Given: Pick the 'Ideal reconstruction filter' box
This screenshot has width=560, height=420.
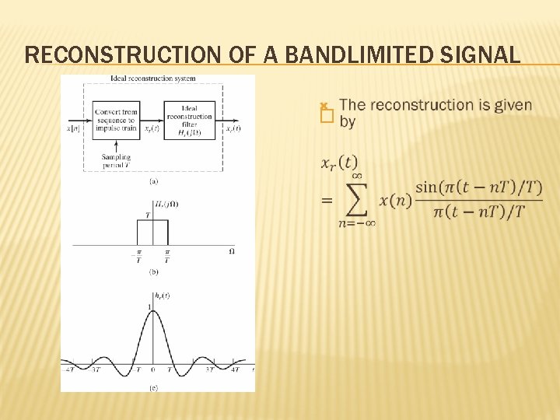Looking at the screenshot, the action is tap(188, 120).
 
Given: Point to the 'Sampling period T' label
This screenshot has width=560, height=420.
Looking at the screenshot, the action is tap(116, 161).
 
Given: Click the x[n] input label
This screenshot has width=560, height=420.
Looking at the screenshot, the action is tap(75, 128).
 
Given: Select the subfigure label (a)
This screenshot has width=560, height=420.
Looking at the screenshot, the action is tap(154, 180).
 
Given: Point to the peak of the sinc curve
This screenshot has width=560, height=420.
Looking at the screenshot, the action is tap(153, 310).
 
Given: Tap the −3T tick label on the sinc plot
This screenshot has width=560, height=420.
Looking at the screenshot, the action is tap(95, 371).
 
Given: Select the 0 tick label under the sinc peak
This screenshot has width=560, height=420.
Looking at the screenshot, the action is tap(153, 371).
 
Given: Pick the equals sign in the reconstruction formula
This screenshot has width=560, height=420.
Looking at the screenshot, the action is tap(326, 201).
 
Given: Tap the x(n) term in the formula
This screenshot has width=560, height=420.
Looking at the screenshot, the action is tap(394, 201).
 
